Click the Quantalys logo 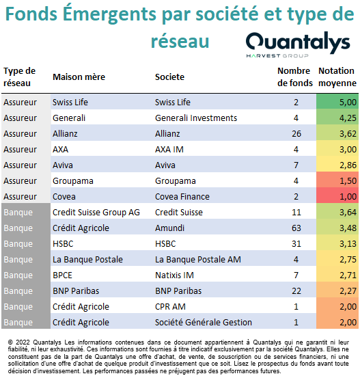click(298, 44)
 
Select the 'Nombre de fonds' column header click(295, 77)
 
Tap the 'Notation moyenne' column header click(337, 77)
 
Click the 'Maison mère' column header click(79, 77)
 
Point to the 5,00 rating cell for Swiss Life click(337, 102)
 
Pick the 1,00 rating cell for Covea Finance click(337, 196)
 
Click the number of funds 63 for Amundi click(296, 228)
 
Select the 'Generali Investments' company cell click(196, 118)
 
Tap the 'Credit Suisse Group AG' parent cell click(96, 213)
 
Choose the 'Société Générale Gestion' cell click(204, 323)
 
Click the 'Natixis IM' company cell click(174, 275)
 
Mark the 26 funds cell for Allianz click(296, 133)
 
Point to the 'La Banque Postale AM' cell click(198, 259)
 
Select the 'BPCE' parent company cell click(62, 275)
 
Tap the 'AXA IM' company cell click(169, 150)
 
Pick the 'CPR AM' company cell click(170, 307)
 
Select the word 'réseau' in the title click(180, 41)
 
